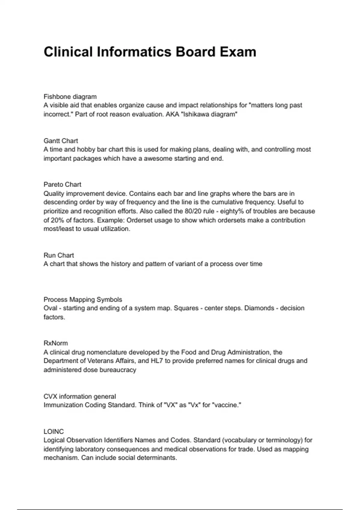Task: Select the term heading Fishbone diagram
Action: pos(70,97)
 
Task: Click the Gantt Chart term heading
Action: pos(61,141)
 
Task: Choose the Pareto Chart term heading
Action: pos(62,184)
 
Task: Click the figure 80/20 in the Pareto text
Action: pos(193,211)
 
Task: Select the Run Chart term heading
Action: pos(59,255)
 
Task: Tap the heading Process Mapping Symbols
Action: pos(83,299)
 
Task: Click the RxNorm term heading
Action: pos(56,343)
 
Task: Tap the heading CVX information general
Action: pos(79,396)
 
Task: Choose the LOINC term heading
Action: pos(54,431)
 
